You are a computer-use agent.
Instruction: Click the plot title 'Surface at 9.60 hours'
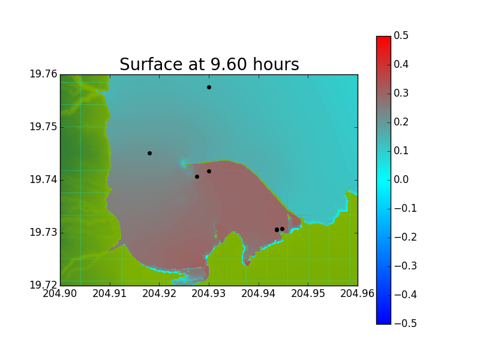[x=209, y=64]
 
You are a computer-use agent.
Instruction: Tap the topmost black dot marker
[x=209, y=87]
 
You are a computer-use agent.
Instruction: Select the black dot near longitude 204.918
[x=149, y=153]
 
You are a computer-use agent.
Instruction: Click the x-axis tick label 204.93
[x=209, y=293]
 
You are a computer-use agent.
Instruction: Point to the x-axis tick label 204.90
[x=59, y=293]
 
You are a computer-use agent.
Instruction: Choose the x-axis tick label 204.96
[x=358, y=293]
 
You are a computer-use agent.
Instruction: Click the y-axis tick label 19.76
[x=43, y=74]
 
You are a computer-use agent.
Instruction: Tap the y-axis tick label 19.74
[x=43, y=179]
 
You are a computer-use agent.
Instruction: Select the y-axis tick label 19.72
[x=43, y=285]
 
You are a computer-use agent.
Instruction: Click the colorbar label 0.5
[x=401, y=35]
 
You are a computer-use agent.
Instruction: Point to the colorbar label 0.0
[x=401, y=179]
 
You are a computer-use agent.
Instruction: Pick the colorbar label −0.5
[x=406, y=323]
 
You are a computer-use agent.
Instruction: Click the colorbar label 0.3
[x=401, y=93]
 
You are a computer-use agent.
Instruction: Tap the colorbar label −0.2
[x=406, y=237]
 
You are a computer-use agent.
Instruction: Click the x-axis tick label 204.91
[x=110, y=293]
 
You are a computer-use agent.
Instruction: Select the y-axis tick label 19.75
[x=43, y=127]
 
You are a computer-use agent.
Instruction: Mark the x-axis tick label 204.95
[x=308, y=293]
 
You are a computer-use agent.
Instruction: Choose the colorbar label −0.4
[x=406, y=295]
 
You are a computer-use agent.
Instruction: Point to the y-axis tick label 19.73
[x=43, y=232]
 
